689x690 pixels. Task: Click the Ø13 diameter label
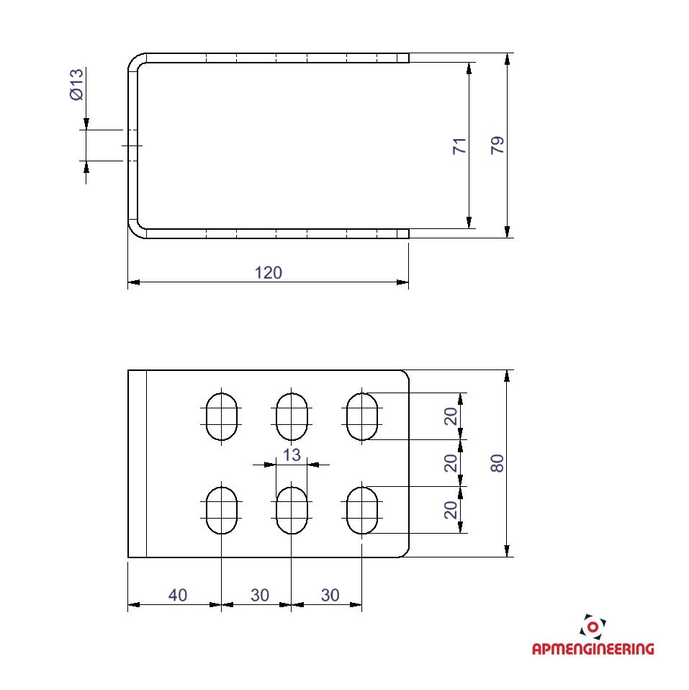pyautogui.click(x=76, y=84)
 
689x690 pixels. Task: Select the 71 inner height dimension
pyautogui.click(x=459, y=145)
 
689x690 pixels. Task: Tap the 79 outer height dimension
pyautogui.click(x=497, y=145)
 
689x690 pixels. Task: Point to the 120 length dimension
pyautogui.click(x=269, y=273)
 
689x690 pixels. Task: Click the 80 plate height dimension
pyautogui.click(x=497, y=463)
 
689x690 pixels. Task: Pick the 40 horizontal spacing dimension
pyautogui.click(x=178, y=595)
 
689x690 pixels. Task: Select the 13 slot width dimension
pyautogui.click(x=292, y=455)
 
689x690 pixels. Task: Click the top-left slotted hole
pyautogui.click(x=222, y=416)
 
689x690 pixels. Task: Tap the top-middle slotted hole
pyautogui.click(x=292, y=416)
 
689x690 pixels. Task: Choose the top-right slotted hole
pyautogui.click(x=362, y=416)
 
